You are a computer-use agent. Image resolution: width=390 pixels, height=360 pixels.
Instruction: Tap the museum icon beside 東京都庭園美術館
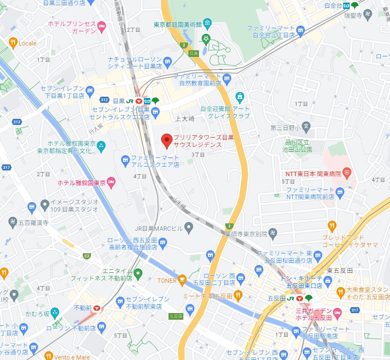(x=207, y=23)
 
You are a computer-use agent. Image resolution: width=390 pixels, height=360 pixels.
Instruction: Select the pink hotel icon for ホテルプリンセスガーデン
(x=102, y=27)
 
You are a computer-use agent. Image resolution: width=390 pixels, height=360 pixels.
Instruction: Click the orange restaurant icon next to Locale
(x=13, y=43)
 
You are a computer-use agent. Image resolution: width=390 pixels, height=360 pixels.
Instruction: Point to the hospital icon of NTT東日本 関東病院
(x=346, y=173)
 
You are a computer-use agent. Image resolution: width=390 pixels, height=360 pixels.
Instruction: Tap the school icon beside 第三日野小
(x=306, y=128)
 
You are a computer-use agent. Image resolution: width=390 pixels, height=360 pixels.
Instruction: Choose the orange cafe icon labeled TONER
(x=182, y=280)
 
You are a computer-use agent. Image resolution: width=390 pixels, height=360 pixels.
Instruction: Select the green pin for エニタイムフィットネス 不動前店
(x=138, y=273)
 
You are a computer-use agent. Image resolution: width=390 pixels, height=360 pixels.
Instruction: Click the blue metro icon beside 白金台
(x=347, y=6)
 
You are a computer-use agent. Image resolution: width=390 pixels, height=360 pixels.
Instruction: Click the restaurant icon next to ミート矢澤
(x=237, y=296)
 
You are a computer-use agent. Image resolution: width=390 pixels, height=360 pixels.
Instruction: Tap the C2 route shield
(x=87, y=256)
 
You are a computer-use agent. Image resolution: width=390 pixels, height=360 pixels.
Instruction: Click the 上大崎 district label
(x=185, y=118)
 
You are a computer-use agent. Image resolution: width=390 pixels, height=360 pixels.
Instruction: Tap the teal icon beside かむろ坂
(x=55, y=312)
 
